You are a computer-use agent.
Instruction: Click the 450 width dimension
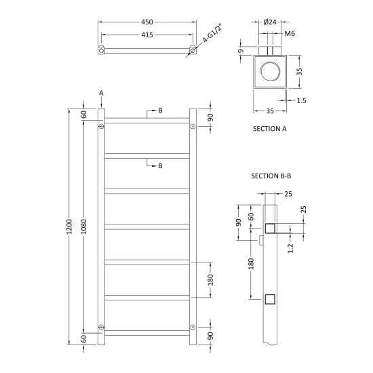click(x=147, y=22)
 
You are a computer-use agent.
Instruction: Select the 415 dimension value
click(x=147, y=35)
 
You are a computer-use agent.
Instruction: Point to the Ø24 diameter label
click(x=270, y=22)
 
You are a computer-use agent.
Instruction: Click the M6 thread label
click(x=290, y=33)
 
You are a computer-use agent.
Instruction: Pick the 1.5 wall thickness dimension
click(x=301, y=100)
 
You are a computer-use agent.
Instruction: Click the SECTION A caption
click(x=270, y=129)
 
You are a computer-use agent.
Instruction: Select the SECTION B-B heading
click(x=271, y=176)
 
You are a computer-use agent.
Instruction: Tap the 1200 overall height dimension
click(x=69, y=227)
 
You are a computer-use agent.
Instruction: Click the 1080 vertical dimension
click(x=84, y=227)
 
